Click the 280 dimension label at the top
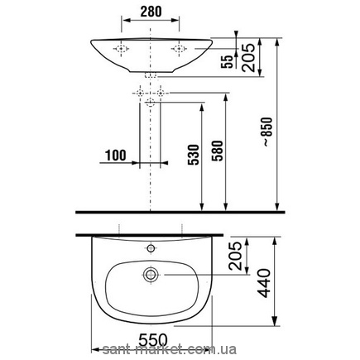151,12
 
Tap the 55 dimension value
227,61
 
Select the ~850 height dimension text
267,132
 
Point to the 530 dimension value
194,155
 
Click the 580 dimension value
217,151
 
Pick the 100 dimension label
115,156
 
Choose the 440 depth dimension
265,283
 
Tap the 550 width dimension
153,340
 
